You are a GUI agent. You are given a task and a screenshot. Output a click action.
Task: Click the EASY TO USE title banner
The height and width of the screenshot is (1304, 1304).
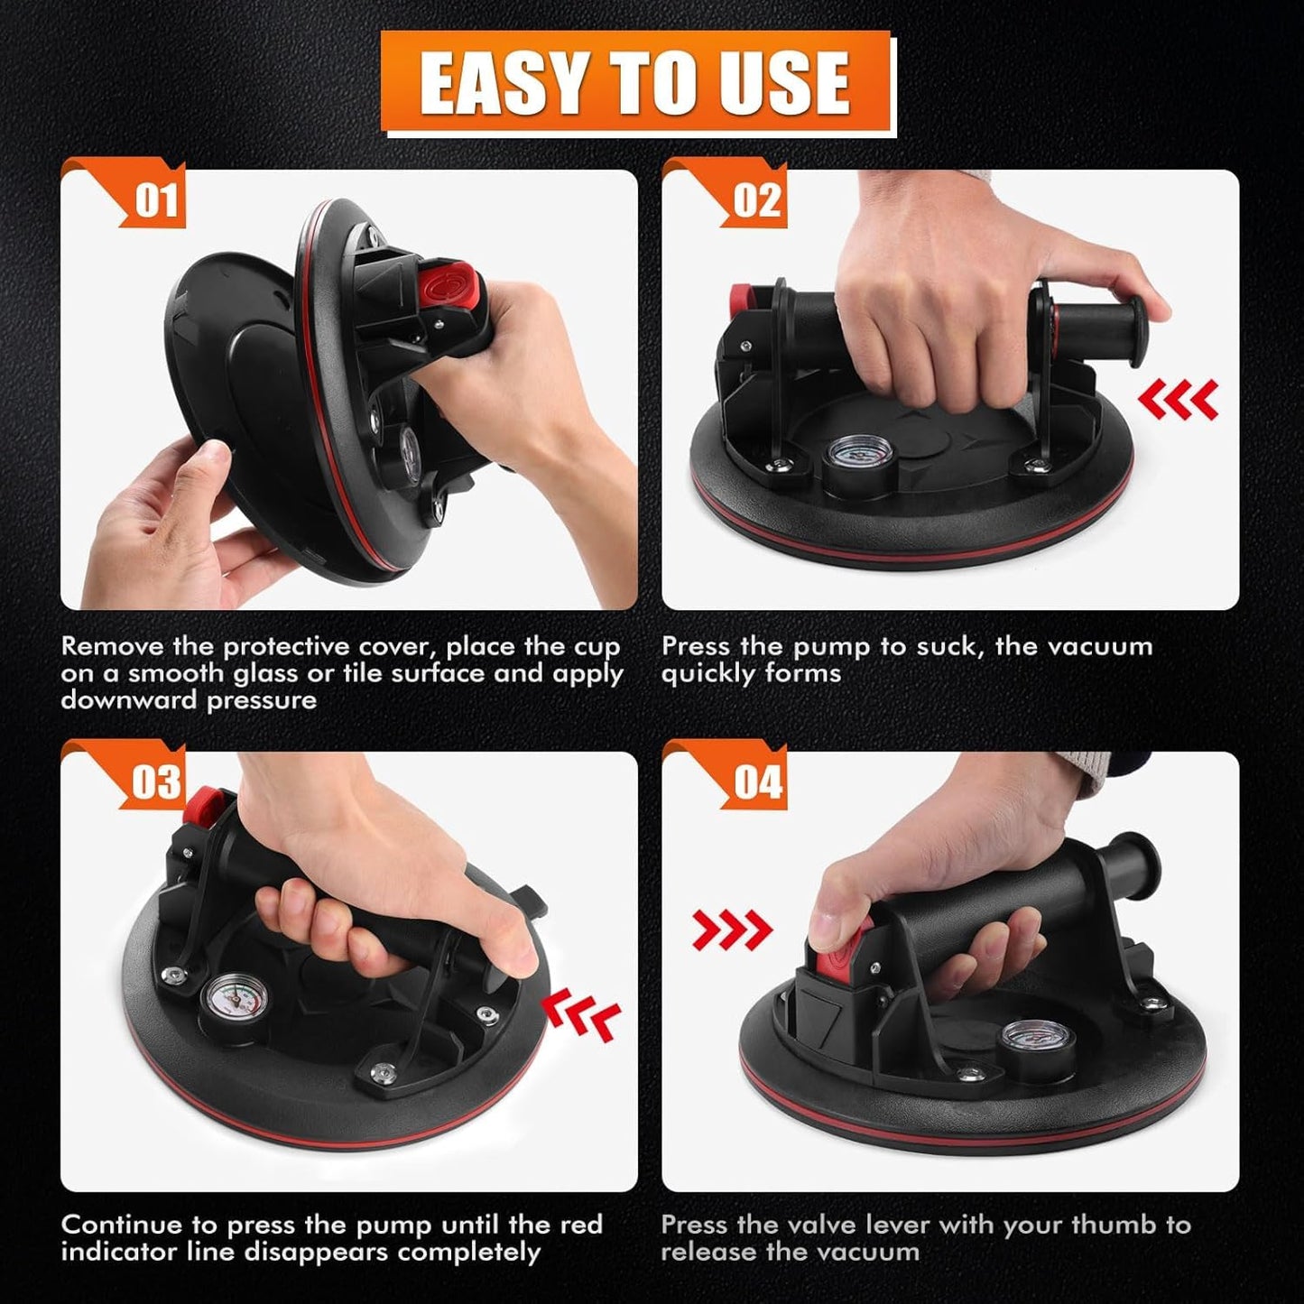[x=635, y=82]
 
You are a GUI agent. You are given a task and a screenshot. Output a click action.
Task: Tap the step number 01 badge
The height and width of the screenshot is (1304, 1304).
[x=156, y=199]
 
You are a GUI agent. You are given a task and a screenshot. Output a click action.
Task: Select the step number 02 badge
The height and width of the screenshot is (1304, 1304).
[x=756, y=199]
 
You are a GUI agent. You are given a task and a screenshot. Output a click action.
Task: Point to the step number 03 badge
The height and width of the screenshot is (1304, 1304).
[x=156, y=781]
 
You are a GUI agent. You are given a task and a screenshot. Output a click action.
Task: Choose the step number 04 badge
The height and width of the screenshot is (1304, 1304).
[x=756, y=781]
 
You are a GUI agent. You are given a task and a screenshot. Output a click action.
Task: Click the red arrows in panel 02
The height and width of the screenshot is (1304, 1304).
[x=1178, y=399]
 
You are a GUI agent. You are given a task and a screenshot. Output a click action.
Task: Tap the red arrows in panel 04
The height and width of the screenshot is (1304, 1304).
[x=732, y=930]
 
